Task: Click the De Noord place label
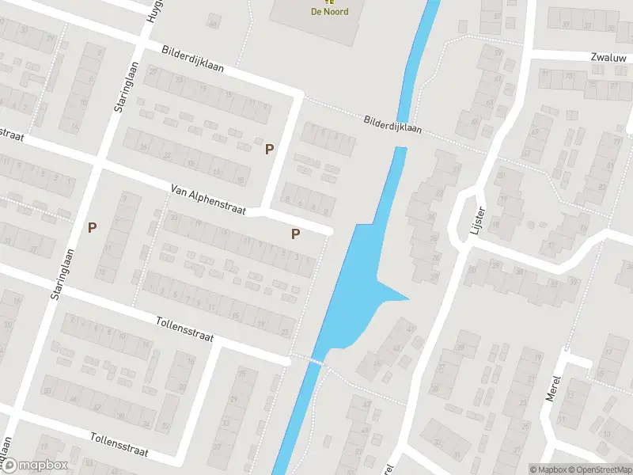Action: tap(329, 11)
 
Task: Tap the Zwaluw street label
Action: tap(607, 58)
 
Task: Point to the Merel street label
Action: tap(553, 388)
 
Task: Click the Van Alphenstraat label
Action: tap(210, 200)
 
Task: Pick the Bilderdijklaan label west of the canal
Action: tap(192, 59)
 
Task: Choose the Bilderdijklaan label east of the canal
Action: tap(392, 123)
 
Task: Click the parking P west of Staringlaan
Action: tap(93, 227)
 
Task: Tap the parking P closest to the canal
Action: tap(295, 234)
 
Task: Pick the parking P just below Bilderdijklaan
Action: tap(269, 148)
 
